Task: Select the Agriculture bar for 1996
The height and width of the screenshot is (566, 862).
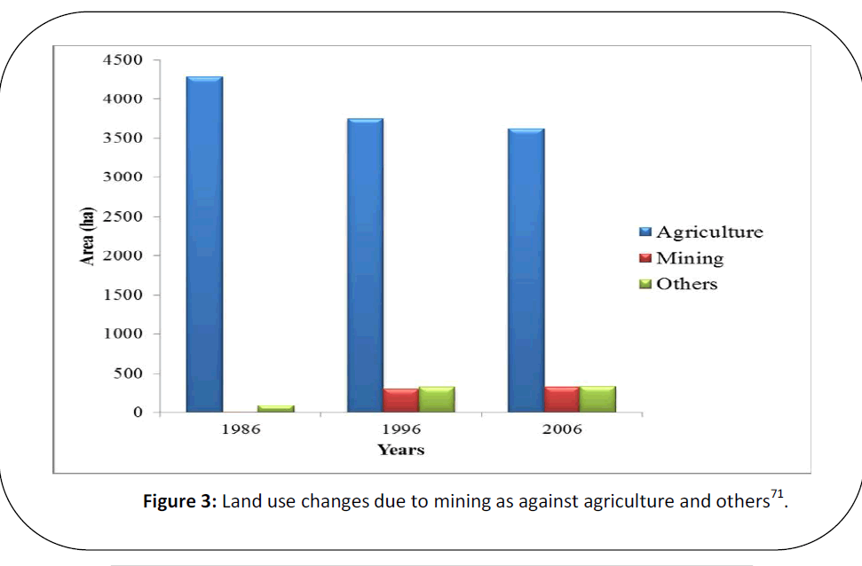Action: [x=365, y=265]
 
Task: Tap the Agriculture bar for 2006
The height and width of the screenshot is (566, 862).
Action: [x=526, y=271]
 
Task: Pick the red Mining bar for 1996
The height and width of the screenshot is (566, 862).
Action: [x=400, y=400]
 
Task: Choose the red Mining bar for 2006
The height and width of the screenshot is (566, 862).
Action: [x=562, y=399]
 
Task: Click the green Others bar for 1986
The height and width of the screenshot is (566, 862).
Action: [x=275, y=409]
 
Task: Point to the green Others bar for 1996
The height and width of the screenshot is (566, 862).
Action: [x=437, y=399]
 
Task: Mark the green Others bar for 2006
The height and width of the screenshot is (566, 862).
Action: [x=597, y=399]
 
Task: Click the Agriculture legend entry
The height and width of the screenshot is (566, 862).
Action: [x=700, y=232]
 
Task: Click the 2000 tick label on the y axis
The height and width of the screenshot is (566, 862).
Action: [x=127, y=255]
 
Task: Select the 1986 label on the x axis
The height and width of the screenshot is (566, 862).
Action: [x=240, y=430]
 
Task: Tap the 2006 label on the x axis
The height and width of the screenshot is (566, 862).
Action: [x=561, y=430]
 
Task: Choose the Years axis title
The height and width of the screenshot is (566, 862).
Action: [x=400, y=451]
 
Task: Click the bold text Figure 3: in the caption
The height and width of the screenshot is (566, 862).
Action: [x=180, y=502]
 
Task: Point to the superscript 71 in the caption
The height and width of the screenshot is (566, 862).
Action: [x=778, y=495]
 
